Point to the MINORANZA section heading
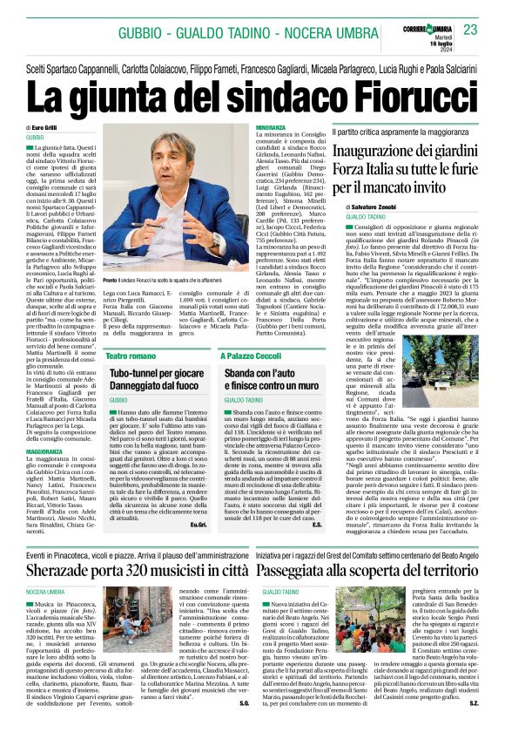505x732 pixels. [x=271, y=128]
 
